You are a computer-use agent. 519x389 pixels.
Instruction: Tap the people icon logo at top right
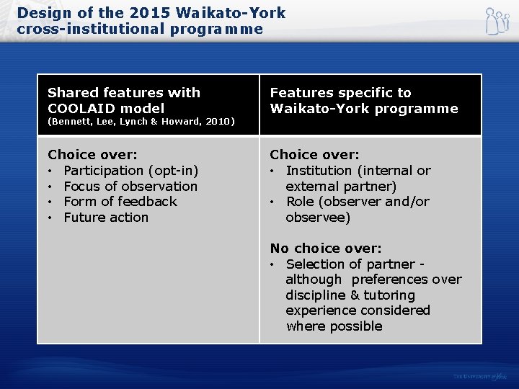pyautogui.click(x=497, y=22)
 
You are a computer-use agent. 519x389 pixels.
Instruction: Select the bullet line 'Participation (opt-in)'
pyautogui.click(x=130, y=171)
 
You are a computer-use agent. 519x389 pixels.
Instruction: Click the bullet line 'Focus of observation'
pyautogui.click(x=130, y=186)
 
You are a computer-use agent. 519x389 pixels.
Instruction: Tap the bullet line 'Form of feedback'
pyautogui.click(x=120, y=202)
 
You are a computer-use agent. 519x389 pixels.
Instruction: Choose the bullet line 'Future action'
pyautogui.click(x=106, y=218)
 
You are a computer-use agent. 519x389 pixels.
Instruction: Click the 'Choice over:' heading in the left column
pyautogui.click(x=92, y=155)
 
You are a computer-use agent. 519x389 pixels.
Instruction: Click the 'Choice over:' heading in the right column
pyautogui.click(x=314, y=155)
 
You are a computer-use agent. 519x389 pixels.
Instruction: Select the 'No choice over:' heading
pyautogui.click(x=326, y=249)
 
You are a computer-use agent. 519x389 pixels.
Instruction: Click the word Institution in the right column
pyautogui.click(x=319, y=171)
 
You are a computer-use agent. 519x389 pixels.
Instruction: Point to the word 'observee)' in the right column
pyautogui.click(x=318, y=218)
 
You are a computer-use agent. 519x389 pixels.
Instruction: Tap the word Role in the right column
pyautogui.click(x=300, y=202)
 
